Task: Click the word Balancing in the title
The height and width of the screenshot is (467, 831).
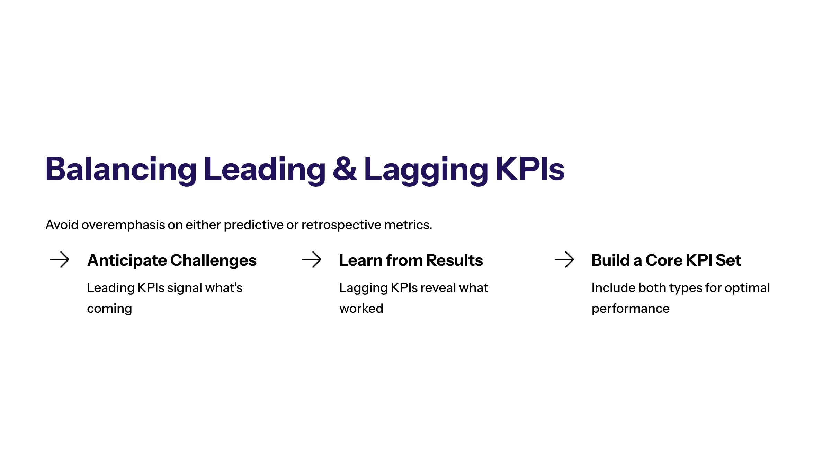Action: click(x=121, y=170)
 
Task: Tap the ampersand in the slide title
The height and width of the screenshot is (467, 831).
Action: click(x=345, y=169)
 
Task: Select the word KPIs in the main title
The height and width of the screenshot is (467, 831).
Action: click(x=530, y=169)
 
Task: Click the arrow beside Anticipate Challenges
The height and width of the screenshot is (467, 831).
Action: click(x=60, y=259)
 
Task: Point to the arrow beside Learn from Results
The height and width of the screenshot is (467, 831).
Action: click(x=312, y=259)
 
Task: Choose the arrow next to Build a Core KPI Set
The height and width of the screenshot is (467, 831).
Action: click(x=564, y=259)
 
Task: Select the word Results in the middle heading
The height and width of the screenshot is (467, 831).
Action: click(x=454, y=260)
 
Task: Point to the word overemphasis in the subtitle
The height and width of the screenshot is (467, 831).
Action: click(x=123, y=225)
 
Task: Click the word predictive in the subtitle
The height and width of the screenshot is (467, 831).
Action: click(x=253, y=225)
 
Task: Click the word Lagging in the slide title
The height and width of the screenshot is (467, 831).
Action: click(x=426, y=170)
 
